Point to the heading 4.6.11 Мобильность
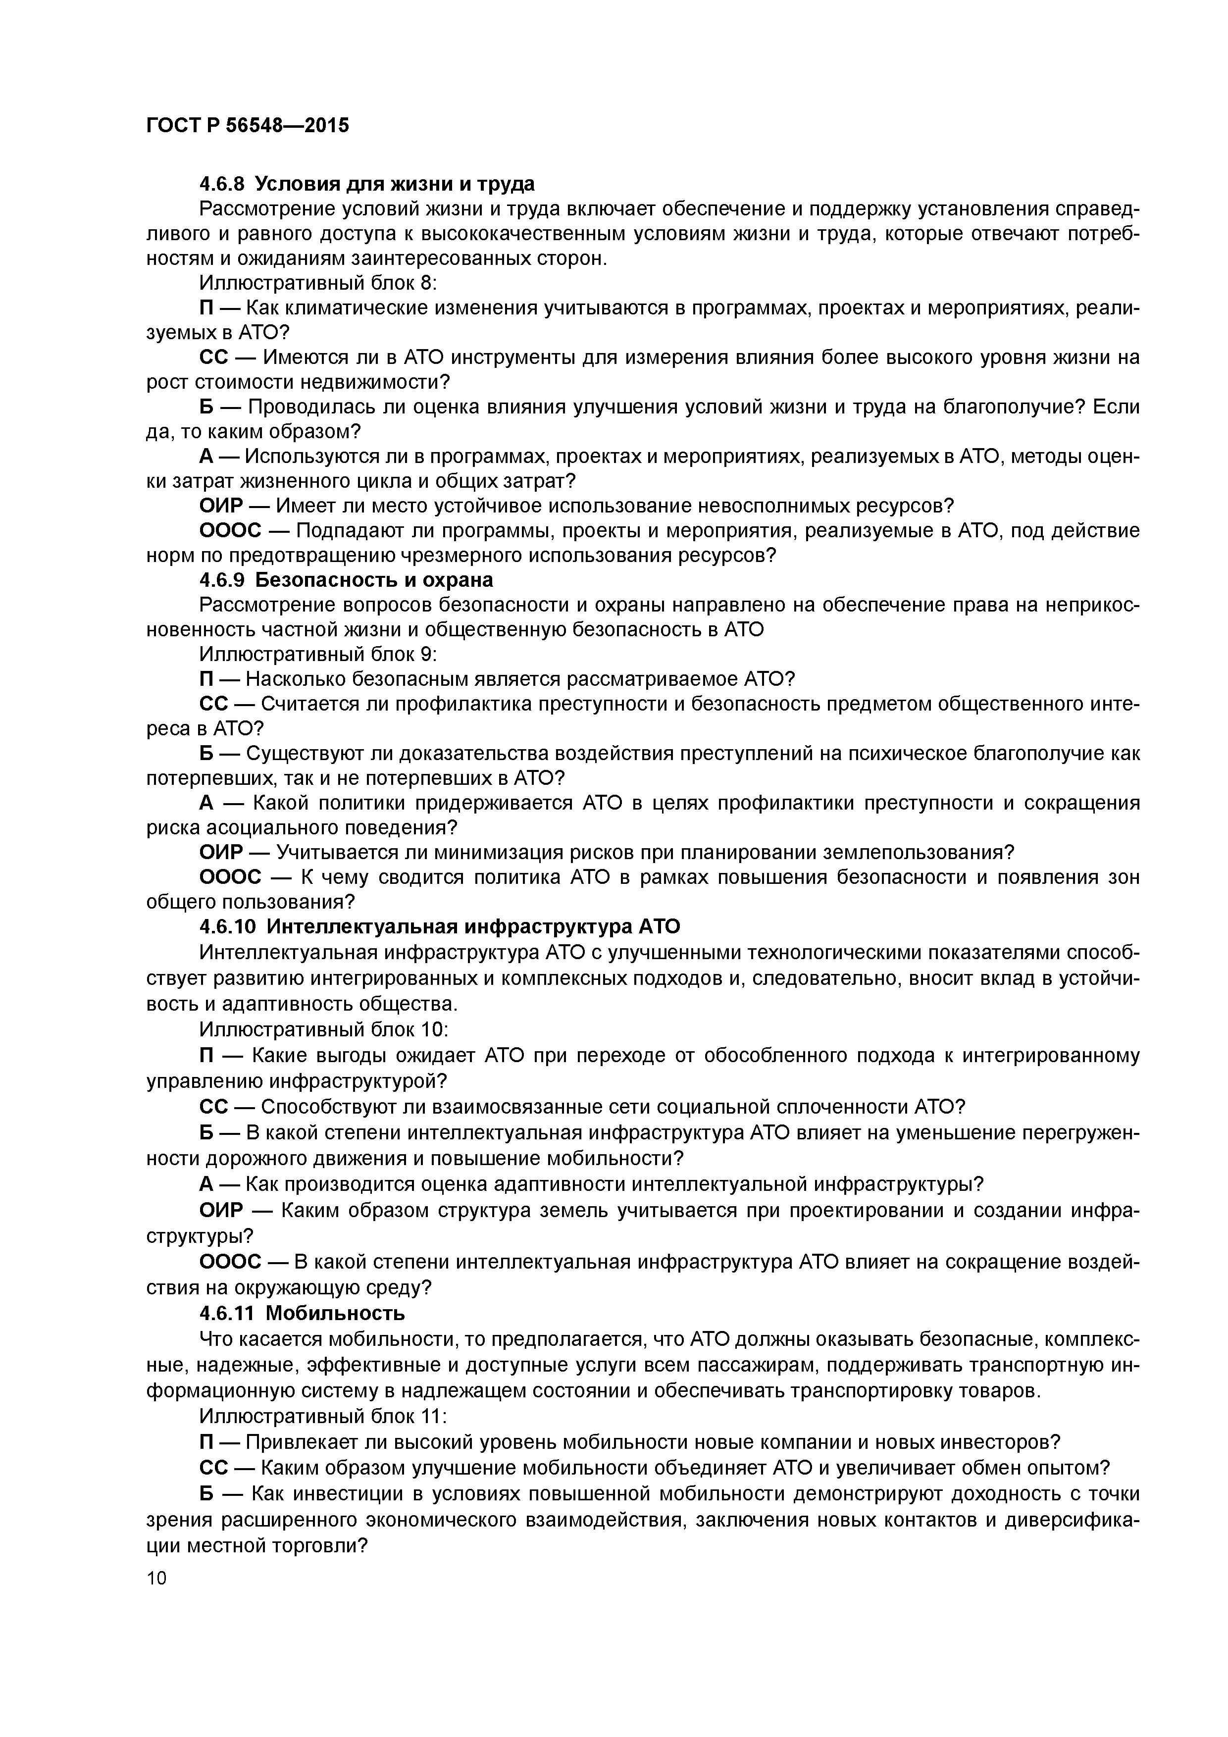click(x=302, y=1313)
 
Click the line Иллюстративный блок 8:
click(x=318, y=283)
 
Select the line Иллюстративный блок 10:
click(x=324, y=1029)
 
